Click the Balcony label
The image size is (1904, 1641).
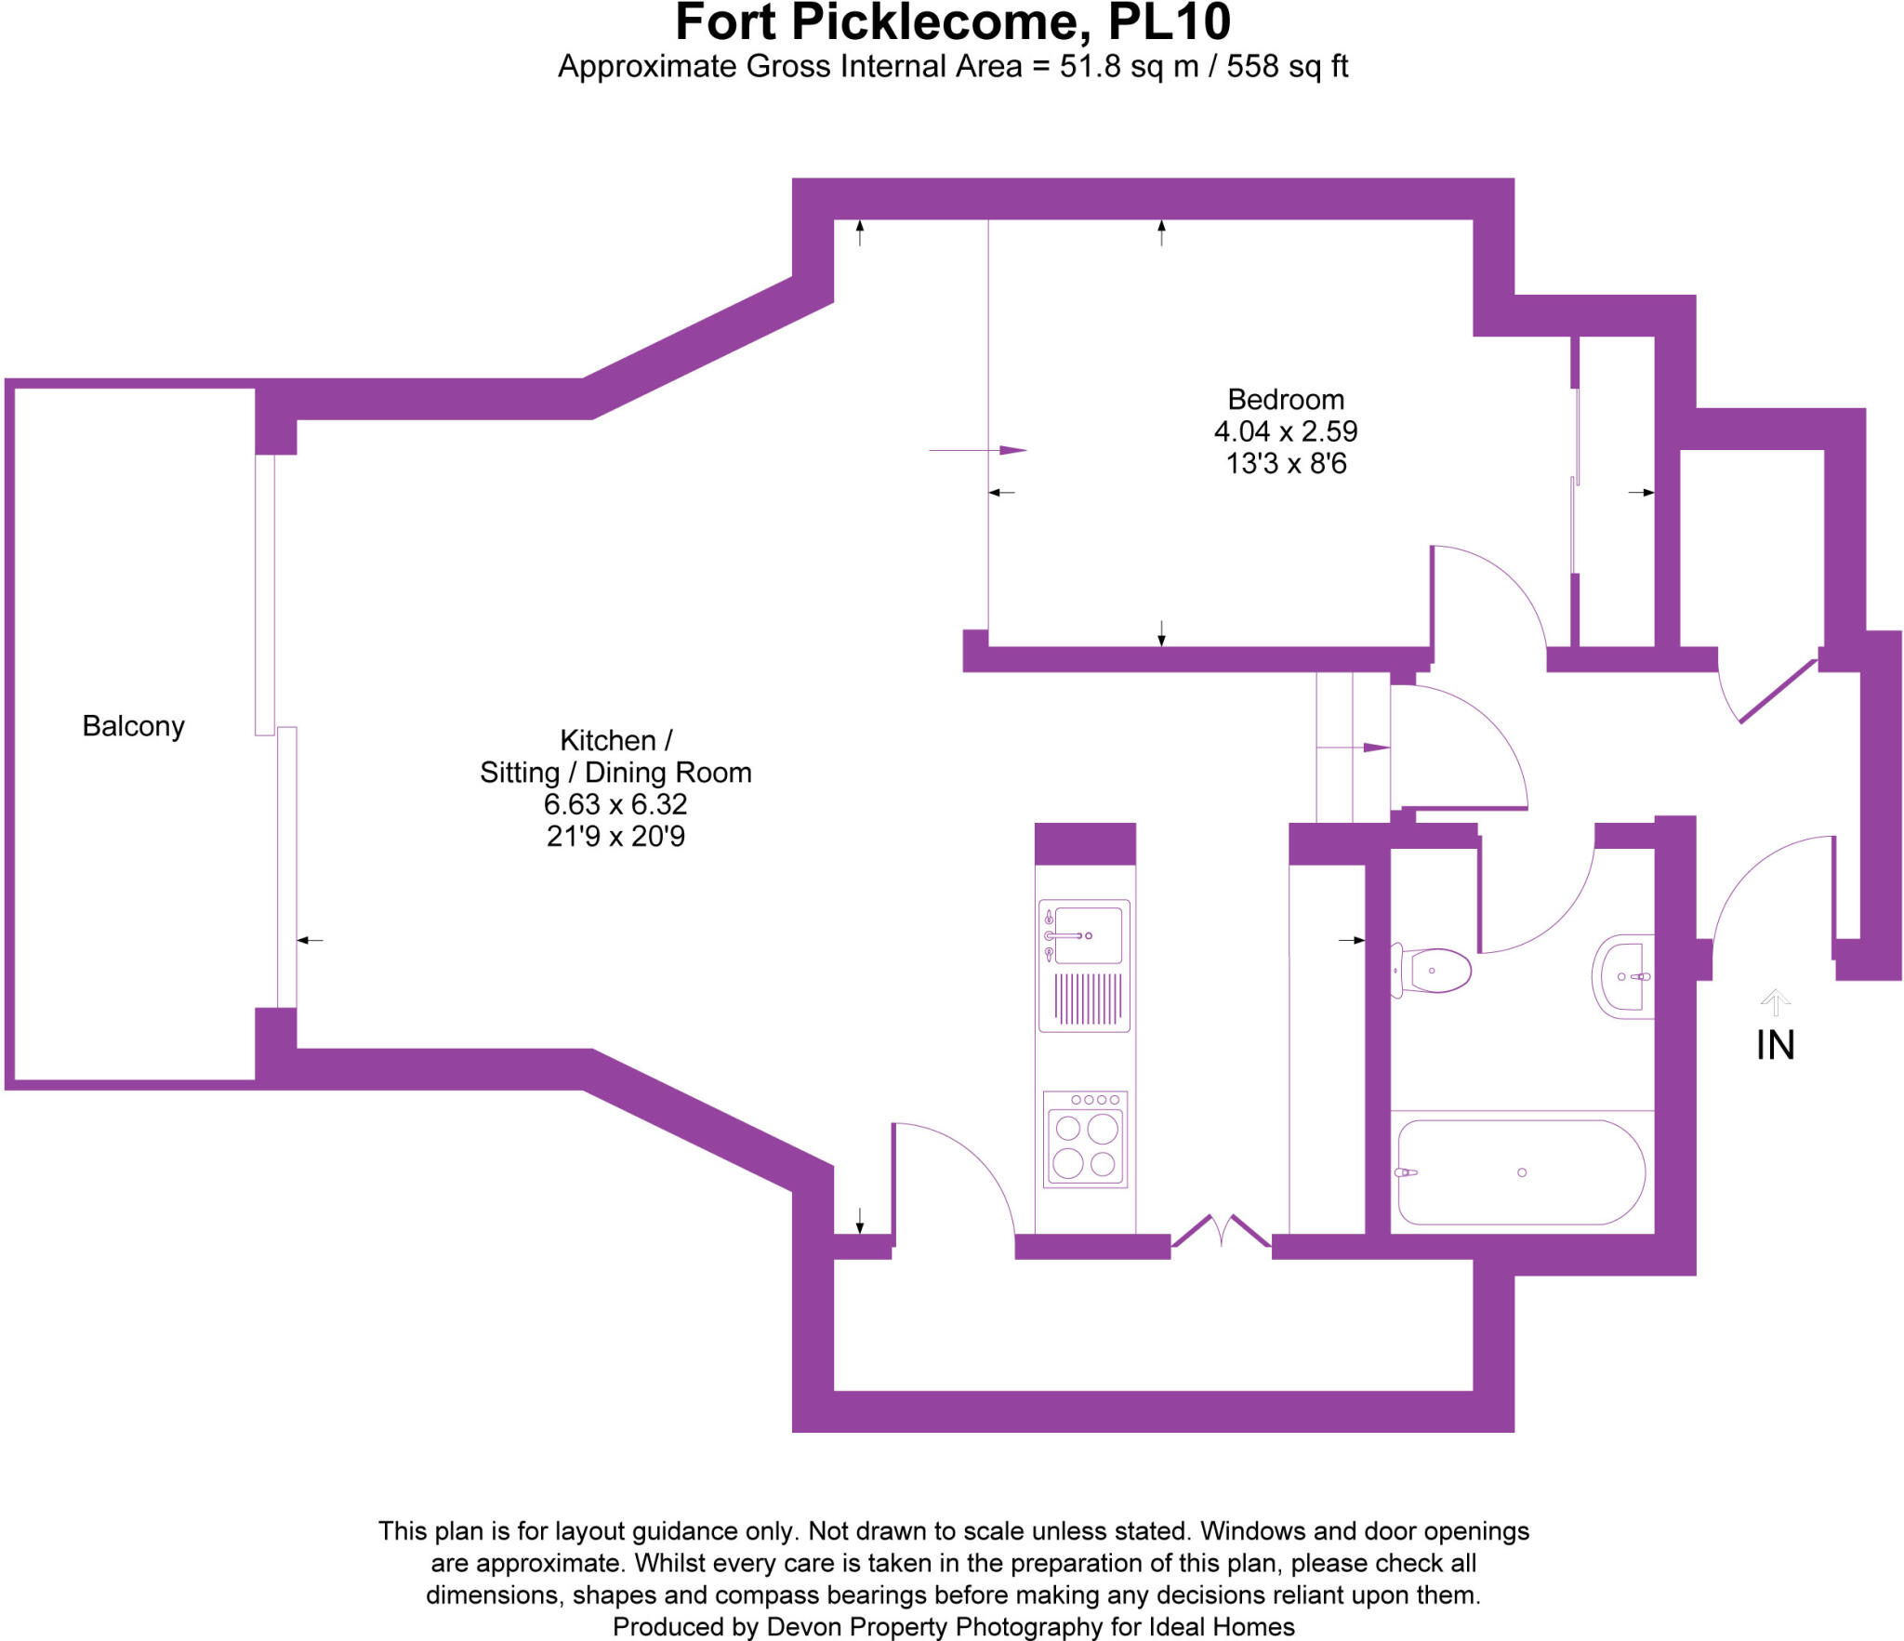click(133, 726)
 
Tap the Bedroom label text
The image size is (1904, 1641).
click(1286, 400)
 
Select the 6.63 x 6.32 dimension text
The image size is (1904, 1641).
click(615, 804)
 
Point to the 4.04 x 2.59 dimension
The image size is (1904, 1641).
click(1286, 431)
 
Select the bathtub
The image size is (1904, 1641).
click(1521, 1172)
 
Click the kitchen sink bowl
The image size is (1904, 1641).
click(1089, 935)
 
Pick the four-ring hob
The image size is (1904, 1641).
click(1085, 1140)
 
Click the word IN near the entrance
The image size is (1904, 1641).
click(1775, 1046)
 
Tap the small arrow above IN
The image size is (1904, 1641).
click(1775, 1001)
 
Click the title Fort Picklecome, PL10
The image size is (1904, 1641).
click(952, 22)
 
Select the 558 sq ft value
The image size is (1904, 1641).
click(1287, 67)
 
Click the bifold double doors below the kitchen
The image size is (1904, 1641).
click(1221, 1232)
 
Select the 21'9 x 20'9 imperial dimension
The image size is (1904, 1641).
click(615, 837)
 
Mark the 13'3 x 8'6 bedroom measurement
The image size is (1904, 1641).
click(1286, 464)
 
